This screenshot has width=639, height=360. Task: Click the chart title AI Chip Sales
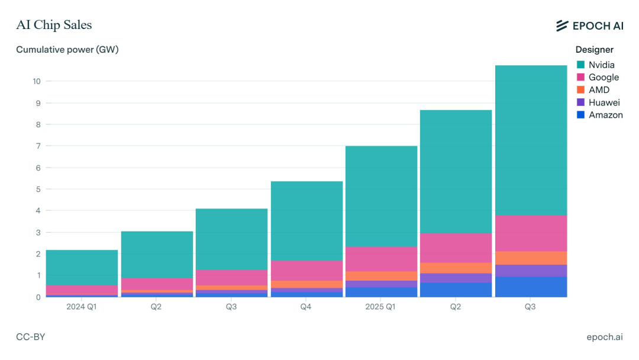coord(54,25)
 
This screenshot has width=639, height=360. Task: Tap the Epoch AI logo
coord(589,25)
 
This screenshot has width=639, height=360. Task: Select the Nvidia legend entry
coord(601,65)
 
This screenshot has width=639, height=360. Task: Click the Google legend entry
coord(603,77)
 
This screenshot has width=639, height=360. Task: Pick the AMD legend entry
coord(599,90)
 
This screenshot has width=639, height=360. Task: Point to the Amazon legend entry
coord(605,115)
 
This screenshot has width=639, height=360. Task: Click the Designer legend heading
coord(594,50)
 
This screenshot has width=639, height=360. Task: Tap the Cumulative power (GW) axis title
coord(67,50)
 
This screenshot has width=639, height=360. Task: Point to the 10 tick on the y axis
coord(37,81)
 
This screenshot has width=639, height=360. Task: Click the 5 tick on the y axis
coord(38,189)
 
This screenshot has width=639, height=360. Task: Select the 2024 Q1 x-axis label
coord(81,307)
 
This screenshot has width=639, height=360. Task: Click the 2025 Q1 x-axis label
coord(381,307)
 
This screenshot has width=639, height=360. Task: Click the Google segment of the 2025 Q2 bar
coord(456,247)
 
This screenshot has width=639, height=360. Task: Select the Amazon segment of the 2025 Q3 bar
coord(531,287)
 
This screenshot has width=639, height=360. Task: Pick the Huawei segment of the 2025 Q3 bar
coord(531,271)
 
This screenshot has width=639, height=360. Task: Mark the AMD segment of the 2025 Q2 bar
coord(456,268)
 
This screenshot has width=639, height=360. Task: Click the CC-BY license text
coord(31,337)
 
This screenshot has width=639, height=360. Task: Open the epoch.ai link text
coord(604,337)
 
